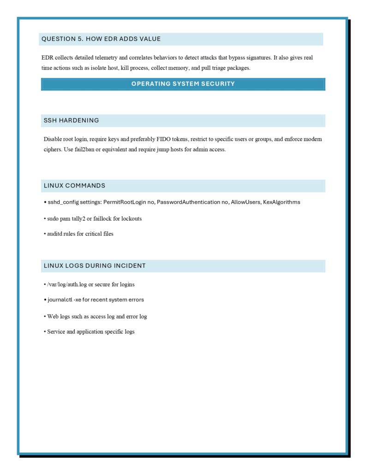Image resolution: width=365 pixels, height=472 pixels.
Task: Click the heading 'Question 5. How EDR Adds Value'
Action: tap(101, 39)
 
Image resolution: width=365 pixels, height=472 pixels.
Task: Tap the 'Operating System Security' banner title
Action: tap(183, 84)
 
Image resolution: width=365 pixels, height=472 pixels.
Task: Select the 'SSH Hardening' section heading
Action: tap(71, 120)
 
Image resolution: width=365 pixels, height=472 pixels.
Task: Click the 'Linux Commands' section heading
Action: tap(74, 186)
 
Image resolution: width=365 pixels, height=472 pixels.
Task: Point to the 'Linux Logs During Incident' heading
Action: tap(95, 265)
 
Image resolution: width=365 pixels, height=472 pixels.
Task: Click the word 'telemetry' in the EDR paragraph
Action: tap(108, 58)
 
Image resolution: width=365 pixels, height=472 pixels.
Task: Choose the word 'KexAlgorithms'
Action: tap(281, 202)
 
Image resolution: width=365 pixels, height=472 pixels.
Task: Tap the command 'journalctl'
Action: tap(60, 300)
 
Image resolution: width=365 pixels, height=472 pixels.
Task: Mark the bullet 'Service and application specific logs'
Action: tap(90, 331)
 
